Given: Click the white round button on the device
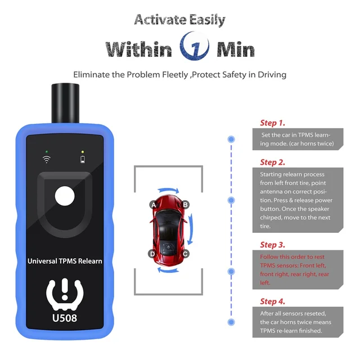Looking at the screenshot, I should click(x=65, y=199).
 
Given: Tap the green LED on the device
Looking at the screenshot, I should click(x=47, y=151).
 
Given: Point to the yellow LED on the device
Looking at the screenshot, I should click(x=83, y=151).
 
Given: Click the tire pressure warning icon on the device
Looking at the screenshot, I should click(x=65, y=292).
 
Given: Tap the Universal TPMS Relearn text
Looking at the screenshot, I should click(x=65, y=261).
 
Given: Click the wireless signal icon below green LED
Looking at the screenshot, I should click(x=47, y=160).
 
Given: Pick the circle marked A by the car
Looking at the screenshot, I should click(x=152, y=205).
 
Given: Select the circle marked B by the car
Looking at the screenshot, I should click(x=185, y=205).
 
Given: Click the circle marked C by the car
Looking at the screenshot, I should click(x=185, y=254).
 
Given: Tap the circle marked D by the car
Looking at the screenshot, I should click(x=152, y=254).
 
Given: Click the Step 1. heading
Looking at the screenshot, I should click(x=272, y=123).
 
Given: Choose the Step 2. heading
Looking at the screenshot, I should click(x=272, y=162).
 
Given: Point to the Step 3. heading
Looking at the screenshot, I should click(x=272, y=245).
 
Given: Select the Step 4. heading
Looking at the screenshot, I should click(x=272, y=301).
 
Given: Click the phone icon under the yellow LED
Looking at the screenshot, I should click(x=83, y=160).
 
